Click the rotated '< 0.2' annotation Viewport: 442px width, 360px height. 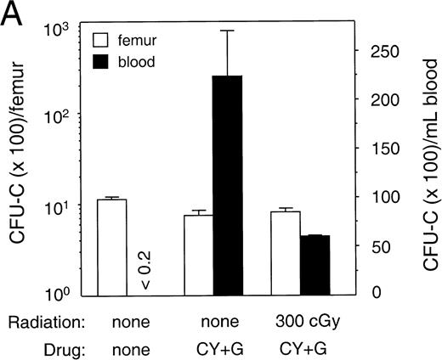(145, 271)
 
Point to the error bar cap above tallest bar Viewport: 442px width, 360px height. (228, 31)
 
